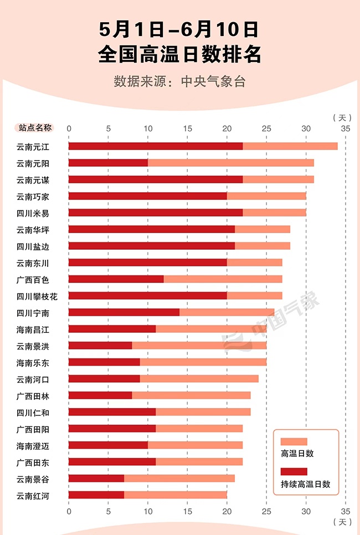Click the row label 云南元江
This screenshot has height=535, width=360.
point(33,146)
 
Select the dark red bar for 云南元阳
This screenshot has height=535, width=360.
point(108,163)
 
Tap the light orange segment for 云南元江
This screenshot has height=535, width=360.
point(290,146)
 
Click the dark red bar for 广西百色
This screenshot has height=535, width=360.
point(116,279)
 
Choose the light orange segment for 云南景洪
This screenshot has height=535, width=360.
point(199,346)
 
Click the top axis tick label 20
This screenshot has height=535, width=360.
point(227,128)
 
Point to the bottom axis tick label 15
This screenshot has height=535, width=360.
point(188,510)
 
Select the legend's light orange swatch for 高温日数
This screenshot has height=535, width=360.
point(294,441)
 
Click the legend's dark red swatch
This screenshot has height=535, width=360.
point(294,471)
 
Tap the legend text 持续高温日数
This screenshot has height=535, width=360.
point(306,483)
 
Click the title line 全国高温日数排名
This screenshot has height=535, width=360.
point(179,54)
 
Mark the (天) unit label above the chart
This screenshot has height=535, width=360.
point(342,117)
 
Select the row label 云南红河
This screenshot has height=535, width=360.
point(33,495)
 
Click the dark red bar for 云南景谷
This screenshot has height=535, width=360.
point(96,479)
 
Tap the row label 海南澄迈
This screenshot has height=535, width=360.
point(33,445)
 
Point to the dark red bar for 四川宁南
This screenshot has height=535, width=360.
point(124,312)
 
